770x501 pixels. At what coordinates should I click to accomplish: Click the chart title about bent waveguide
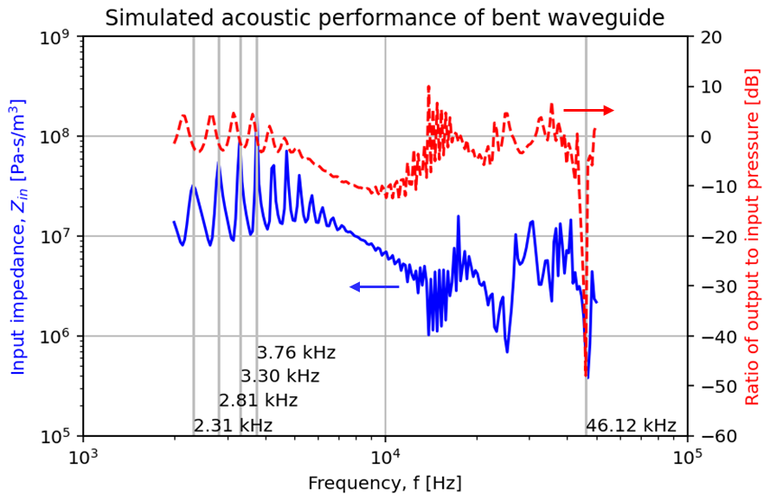384,16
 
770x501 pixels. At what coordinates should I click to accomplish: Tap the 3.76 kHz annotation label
296,353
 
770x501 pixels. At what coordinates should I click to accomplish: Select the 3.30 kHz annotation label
280,376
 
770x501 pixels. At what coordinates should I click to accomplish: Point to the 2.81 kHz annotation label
258,401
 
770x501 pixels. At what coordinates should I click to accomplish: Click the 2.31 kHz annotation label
233,426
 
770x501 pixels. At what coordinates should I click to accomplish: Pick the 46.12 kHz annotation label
631,426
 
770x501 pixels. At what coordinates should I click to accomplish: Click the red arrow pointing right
588,110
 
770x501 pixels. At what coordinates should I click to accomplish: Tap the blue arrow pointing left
374,286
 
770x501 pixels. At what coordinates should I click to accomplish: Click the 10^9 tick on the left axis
58,37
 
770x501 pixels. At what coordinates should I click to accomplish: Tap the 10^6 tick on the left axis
58,337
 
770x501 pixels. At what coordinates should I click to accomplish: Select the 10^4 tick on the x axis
385,456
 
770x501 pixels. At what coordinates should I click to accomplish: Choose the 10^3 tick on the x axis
83,456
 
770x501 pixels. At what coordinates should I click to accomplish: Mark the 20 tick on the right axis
709,37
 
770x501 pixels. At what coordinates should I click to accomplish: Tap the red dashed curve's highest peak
428,87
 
